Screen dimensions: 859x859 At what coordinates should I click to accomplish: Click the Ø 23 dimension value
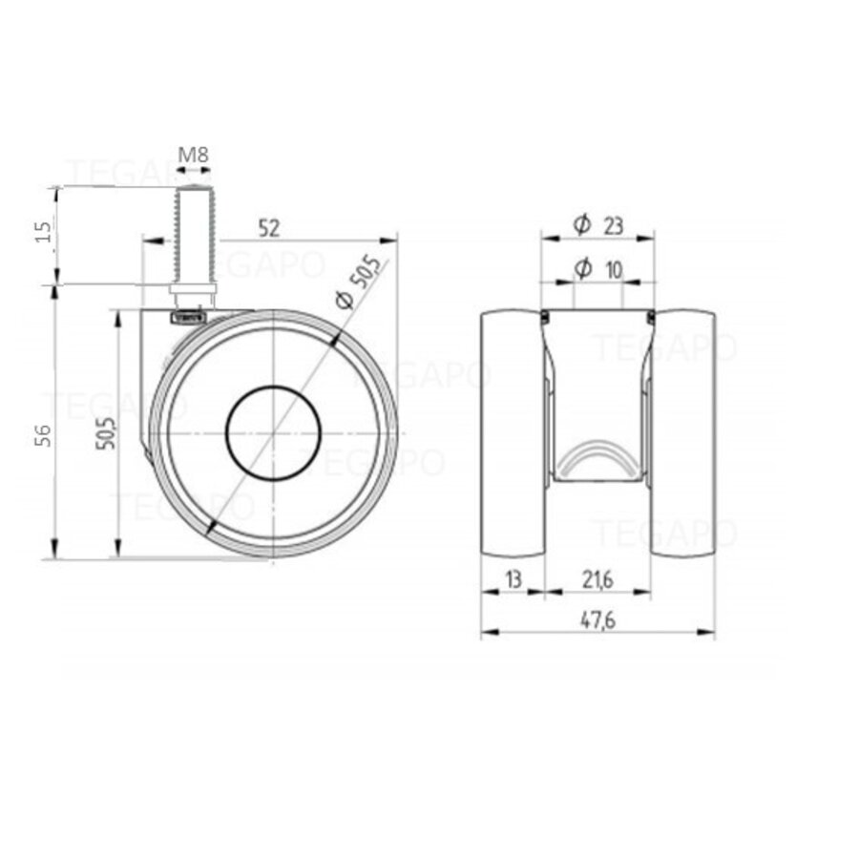tap(612, 224)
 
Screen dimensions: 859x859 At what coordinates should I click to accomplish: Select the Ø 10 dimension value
tap(612, 270)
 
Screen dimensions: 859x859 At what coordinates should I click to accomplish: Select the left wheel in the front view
tap(512, 434)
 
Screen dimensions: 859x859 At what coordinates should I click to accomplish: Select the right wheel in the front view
tap(683, 434)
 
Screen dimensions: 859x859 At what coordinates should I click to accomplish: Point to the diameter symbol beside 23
tap(581, 224)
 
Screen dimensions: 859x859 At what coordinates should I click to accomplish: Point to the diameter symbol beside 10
tap(581, 270)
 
